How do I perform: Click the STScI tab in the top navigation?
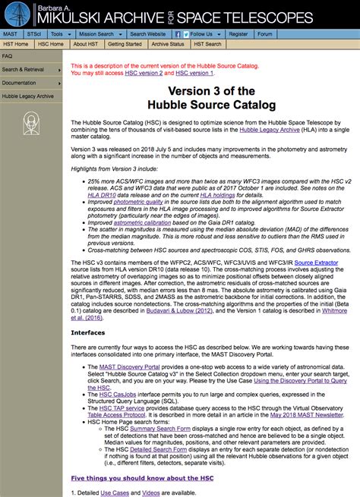pyautogui.click(x=33, y=34)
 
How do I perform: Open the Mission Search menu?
pyautogui.click(x=98, y=34)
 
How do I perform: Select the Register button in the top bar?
pyautogui.click(x=238, y=34)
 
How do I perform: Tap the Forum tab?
pyautogui.click(x=264, y=34)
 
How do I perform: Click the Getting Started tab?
pyautogui.click(x=123, y=44)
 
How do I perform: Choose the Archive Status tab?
pyautogui.click(x=168, y=44)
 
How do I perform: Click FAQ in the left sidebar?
pyautogui.click(x=8, y=56)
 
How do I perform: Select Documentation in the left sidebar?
pyautogui.click(x=20, y=83)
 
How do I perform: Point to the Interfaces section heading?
pyautogui.click(x=87, y=332)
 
